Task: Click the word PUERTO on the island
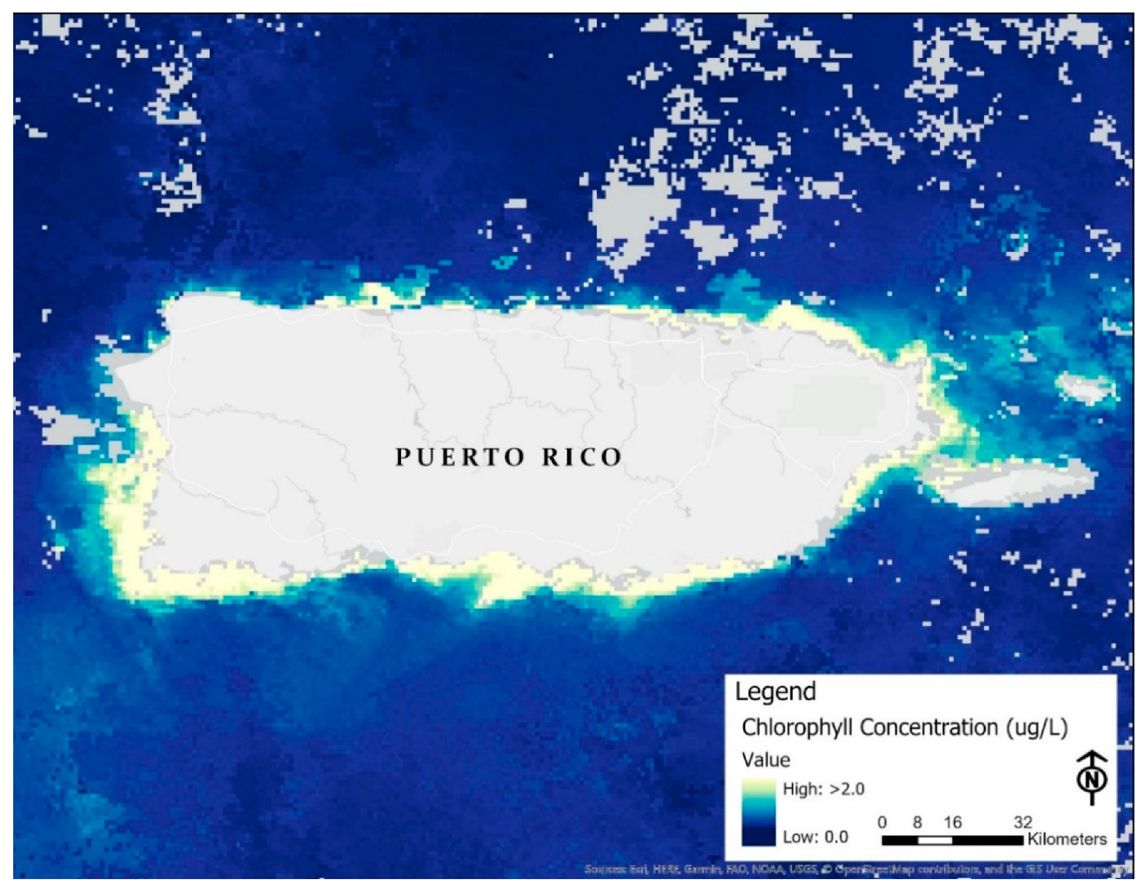tap(460, 457)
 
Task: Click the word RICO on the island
tap(582, 457)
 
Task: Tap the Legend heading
tap(775, 691)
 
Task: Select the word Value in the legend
tap(765, 760)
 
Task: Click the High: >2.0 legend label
tap(822, 789)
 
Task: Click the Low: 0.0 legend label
tap(815, 837)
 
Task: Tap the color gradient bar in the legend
tap(758, 812)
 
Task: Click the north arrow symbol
tap(1092, 778)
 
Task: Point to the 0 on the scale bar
tap(882, 822)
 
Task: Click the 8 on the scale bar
tap(917, 822)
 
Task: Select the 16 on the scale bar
tap(952, 822)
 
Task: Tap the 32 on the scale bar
tap(1022, 822)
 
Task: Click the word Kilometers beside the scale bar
tap(1067, 840)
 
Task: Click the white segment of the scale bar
tap(935, 840)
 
